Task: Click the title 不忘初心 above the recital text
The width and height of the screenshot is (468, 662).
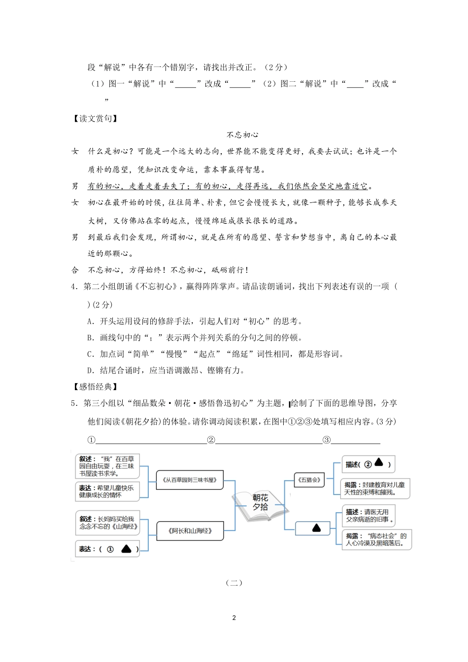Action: pyautogui.click(x=242, y=134)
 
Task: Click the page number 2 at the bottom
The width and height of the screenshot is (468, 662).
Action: pyautogui.click(x=234, y=618)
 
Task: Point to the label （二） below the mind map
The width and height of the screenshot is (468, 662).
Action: pyautogui.click(x=234, y=583)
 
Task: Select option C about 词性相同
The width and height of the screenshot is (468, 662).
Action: pyautogui.click(x=215, y=354)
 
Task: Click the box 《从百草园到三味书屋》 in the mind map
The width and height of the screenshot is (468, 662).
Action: pyautogui.click(x=189, y=479)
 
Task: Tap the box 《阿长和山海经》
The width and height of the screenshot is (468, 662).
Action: pyautogui.click(x=190, y=531)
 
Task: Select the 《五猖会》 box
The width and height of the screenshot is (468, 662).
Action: pyautogui.click(x=309, y=479)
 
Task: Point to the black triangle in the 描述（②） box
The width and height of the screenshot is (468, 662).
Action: pyautogui.click(x=379, y=463)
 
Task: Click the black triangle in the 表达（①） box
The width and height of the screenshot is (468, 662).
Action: pyautogui.click(x=126, y=549)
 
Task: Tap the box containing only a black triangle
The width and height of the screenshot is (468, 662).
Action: pyautogui.click(x=316, y=528)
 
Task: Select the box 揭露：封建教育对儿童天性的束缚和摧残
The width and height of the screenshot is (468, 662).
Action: pyautogui.click(x=375, y=488)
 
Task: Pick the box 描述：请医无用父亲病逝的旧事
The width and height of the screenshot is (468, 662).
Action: pyautogui.click(x=368, y=516)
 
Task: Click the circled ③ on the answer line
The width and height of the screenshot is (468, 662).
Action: pyautogui.click(x=327, y=440)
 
